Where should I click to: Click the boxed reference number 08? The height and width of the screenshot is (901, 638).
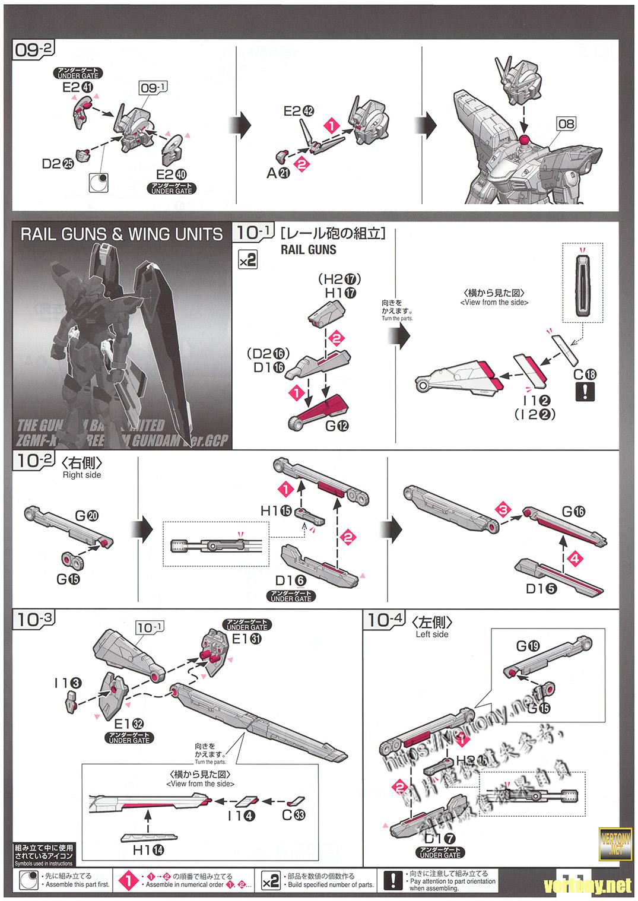[x=566, y=123]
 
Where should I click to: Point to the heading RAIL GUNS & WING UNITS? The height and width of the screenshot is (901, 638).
[x=122, y=234]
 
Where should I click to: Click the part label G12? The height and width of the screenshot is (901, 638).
[x=337, y=425]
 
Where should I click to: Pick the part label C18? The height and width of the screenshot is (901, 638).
[x=585, y=375]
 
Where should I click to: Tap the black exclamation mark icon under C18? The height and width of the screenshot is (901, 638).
[x=585, y=391]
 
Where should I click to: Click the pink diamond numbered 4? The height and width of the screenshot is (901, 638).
[x=573, y=559]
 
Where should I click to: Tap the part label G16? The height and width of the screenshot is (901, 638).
[x=573, y=512]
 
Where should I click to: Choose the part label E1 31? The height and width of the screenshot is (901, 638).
[x=247, y=639]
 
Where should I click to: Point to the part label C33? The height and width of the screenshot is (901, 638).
[x=294, y=816]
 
